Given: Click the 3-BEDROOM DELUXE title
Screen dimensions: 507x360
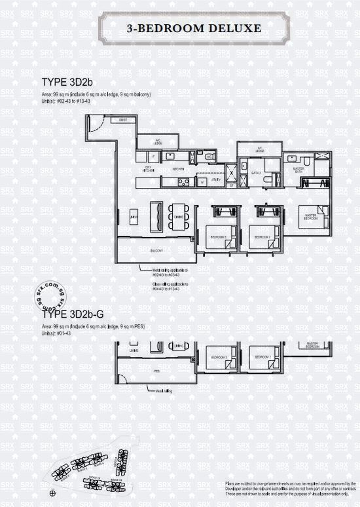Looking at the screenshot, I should [x=180, y=28].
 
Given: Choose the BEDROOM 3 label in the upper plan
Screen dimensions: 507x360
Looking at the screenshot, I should [x=217, y=236].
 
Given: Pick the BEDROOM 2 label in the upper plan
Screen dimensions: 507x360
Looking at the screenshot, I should [x=261, y=236].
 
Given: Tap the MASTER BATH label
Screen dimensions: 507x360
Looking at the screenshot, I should [x=298, y=170].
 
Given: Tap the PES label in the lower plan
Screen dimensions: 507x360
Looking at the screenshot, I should [x=157, y=370].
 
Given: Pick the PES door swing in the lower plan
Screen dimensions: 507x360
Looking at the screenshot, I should [x=122, y=378].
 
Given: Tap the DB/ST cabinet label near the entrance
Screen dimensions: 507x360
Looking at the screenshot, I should [x=122, y=120].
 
